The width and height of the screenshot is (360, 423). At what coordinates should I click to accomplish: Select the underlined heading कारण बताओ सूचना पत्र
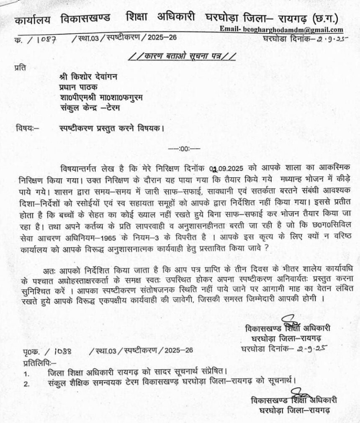pos(182,55)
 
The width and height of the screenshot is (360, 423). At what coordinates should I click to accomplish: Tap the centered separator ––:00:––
pos(184,148)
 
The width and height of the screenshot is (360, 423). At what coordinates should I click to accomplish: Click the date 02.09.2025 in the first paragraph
pos(229,168)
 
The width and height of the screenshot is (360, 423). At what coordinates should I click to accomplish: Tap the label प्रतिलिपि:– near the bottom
pos(35,361)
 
